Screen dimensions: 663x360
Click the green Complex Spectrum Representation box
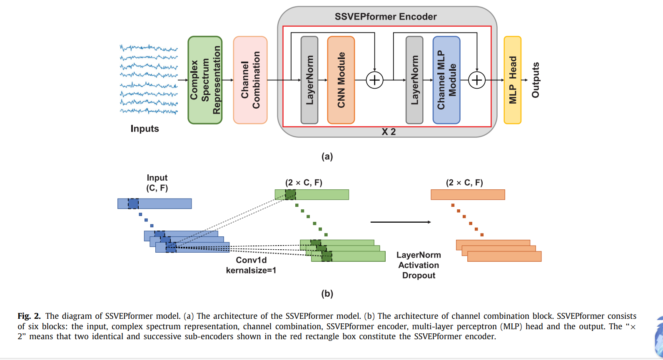[205, 80]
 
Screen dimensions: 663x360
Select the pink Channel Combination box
[250, 80]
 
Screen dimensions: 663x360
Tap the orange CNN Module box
[341, 80]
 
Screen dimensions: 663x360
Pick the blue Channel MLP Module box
[446, 80]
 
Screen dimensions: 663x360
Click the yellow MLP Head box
[512, 80]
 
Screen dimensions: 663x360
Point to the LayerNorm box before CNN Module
[309, 80]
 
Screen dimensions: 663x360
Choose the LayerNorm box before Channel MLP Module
[414, 80]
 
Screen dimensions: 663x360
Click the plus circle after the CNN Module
[375, 80]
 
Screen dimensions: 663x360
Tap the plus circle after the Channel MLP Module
[477, 80]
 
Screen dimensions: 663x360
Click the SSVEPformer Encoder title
[386, 17]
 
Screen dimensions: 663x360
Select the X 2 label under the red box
[389, 132]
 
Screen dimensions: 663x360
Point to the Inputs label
[145, 129]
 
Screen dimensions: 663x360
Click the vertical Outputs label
[536, 80]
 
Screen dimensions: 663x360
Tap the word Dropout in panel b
[419, 276]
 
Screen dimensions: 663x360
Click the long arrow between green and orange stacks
[401, 222]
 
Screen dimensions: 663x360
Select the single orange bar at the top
[468, 195]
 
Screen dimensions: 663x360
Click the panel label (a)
[327, 156]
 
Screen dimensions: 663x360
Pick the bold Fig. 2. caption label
[29, 316]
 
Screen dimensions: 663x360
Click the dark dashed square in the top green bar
[290, 195]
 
